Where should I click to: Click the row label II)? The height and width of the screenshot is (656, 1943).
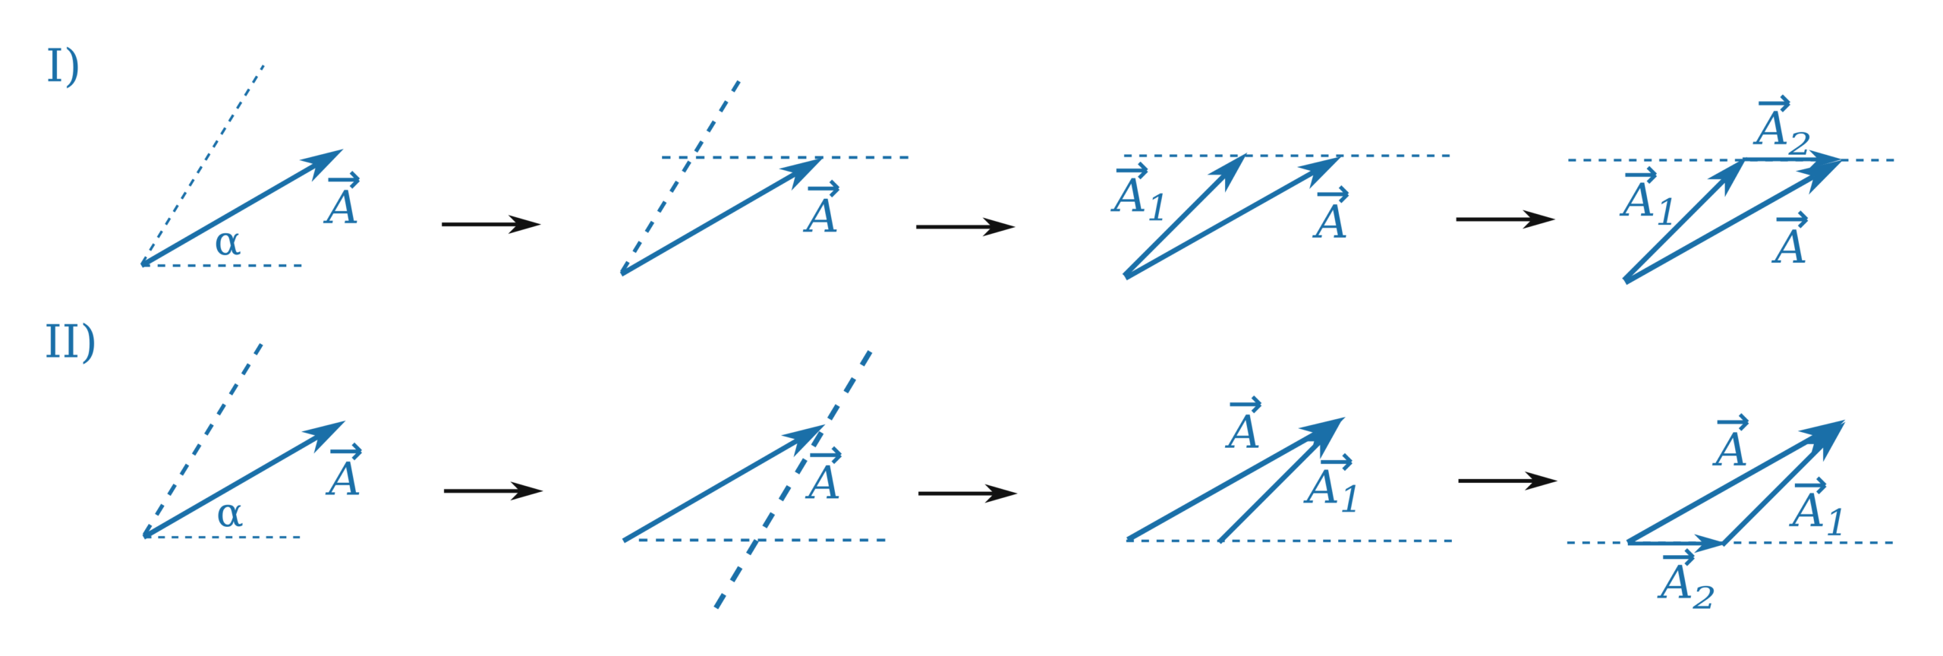(x=70, y=343)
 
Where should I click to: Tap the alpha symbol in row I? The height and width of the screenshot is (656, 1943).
(x=228, y=244)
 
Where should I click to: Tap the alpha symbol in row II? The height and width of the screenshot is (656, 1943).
(x=230, y=516)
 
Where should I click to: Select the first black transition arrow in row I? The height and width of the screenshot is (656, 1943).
(x=491, y=224)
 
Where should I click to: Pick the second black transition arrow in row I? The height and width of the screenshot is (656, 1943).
(x=965, y=226)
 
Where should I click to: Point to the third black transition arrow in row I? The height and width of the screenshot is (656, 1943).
(x=1506, y=219)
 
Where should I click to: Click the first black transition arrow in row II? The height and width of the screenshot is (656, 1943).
(x=493, y=491)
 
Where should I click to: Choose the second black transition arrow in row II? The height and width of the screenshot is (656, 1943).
(x=968, y=494)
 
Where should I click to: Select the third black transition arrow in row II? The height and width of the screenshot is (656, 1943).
(x=1508, y=481)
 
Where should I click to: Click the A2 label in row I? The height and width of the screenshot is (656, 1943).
(x=1781, y=125)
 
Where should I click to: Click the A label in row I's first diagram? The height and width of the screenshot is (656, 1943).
(x=342, y=200)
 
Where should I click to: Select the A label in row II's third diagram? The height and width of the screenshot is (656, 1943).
(x=1243, y=425)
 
